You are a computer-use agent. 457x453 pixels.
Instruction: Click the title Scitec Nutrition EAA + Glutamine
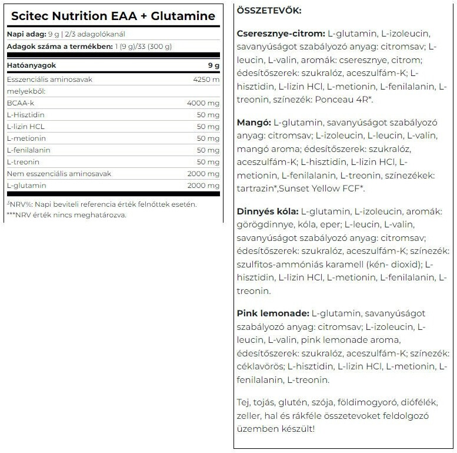(112, 16)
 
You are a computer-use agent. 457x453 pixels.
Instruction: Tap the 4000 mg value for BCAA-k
(203, 103)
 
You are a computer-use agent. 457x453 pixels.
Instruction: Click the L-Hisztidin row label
(25, 115)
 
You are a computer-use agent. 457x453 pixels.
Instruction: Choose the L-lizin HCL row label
(25, 127)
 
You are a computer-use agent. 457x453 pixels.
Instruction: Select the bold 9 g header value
(214, 65)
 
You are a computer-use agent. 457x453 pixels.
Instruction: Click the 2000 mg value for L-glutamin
(203, 186)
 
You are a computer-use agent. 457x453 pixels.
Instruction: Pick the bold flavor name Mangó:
(252, 124)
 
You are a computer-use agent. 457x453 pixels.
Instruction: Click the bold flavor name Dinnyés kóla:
(267, 211)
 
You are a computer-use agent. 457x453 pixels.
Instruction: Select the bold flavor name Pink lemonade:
(272, 313)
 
